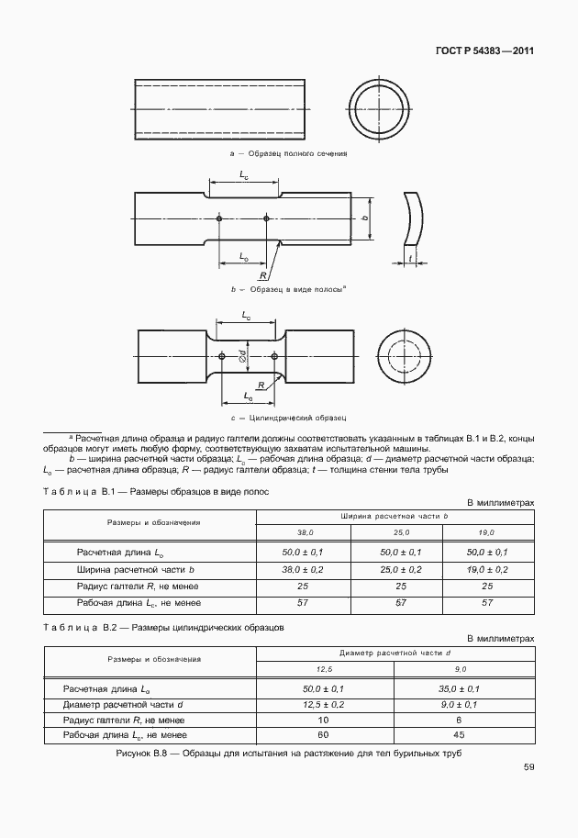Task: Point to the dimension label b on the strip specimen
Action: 364,218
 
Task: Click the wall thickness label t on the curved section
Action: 409,258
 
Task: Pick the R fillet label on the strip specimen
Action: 263,275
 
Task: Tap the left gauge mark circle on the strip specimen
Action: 219,218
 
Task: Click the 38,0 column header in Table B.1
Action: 304,532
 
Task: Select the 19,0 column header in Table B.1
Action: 486,532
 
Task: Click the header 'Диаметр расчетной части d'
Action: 395,653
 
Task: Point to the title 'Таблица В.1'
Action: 76,492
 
